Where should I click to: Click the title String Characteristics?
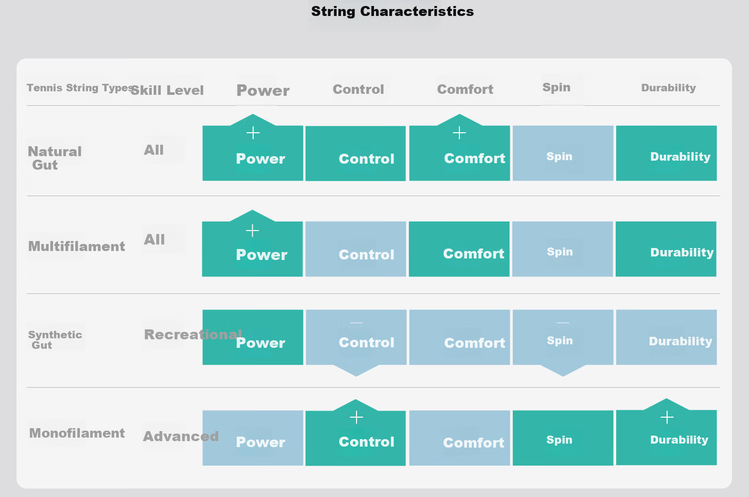[392, 11]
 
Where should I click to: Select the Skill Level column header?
[167, 90]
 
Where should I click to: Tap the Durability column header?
[669, 87]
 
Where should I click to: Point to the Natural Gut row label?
[54, 158]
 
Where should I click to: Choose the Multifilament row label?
[76, 247]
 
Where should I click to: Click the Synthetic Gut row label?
[55, 340]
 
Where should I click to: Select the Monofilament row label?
[77, 433]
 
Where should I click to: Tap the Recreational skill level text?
[193, 334]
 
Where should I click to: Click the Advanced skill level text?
[181, 436]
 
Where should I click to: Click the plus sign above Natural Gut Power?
[253, 133]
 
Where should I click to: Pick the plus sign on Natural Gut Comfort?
[459, 133]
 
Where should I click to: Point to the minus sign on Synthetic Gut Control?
[356, 322]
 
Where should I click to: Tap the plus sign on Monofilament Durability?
[667, 417]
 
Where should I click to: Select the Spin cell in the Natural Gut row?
[563, 153]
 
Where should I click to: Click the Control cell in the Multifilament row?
[356, 249]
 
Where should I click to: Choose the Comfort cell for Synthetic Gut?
[460, 337]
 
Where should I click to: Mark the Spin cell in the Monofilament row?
[563, 438]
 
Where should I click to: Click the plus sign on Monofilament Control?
[357, 417]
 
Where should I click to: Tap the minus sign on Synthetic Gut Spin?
[563, 322]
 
